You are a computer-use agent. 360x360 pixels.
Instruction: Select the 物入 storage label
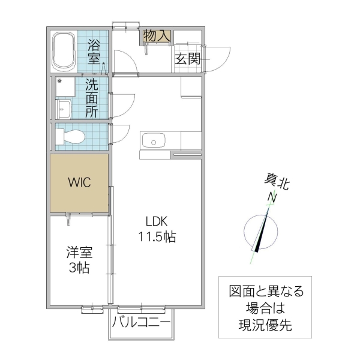pyautogui.click(x=157, y=36)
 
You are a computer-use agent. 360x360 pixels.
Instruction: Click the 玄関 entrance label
pyautogui.click(x=187, y=58)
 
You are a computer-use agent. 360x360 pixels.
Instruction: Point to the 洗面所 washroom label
pyautogui.click(x=92, y=97)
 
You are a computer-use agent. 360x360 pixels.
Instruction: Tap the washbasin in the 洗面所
pyautogui.click(x=64, y=109)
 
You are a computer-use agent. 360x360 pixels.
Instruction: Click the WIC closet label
pyautogui.click(x=79, y=182)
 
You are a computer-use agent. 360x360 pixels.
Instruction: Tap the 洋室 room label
pyautogui.click(x=78, y=253)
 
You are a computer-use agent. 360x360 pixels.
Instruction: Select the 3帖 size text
pyautogui.click(x=78, y=268)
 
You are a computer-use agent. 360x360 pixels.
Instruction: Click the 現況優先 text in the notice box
pyautogui.click(x=266, y=328)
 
